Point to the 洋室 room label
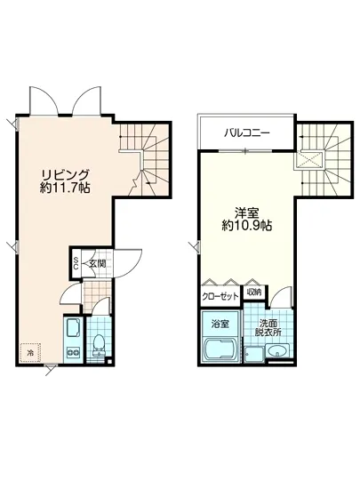(246, 212)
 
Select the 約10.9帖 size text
(246, 226)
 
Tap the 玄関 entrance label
(97, 264)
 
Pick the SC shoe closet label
(76, 263)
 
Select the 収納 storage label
(254, 292)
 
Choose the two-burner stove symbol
(71, 356)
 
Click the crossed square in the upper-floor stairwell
(311, 160)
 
